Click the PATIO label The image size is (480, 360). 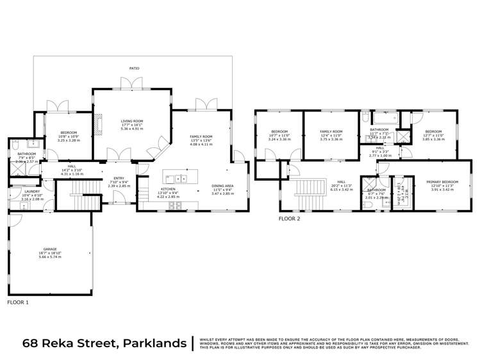[x=134, y=67]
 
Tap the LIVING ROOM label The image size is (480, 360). [x=132, y=120]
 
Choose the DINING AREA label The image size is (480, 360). [x=223, y=186]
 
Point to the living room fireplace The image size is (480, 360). [x=99, y=124]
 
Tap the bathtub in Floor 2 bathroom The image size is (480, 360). [x=383, y=117]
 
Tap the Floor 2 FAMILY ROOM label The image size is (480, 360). [x=331, y=131]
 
